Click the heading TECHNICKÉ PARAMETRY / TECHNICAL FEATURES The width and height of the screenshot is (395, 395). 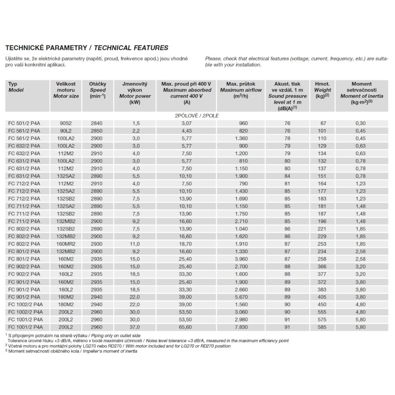pyautogui.click(x=87, y=48)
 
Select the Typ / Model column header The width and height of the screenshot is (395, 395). pyautogui.click(x=16, y=87)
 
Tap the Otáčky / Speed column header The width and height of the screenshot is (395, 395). pyautogui.click(x=97, y=90)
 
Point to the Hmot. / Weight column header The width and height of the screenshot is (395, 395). pyautogui.click(x=322, y=90)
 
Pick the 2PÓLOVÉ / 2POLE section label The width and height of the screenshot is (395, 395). pyautogui.click(x=196, y=116)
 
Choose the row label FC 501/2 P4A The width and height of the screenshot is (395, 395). pyautogui.click(x=24, y=123)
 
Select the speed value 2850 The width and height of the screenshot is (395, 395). pyautogui.click(x=97, y=131)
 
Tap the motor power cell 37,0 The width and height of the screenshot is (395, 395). pyautogui.click(x=135, y=327)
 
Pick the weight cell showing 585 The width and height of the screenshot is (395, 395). pyautogui.click(x=322, y=327)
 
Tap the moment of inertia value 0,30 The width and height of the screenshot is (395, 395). pyautogui.click(x=361, y=123)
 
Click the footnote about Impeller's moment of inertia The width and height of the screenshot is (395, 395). pyautogui.click(x=71, y=351)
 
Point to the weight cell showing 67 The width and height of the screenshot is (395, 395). pyautogui.click(x=322, y=123)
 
